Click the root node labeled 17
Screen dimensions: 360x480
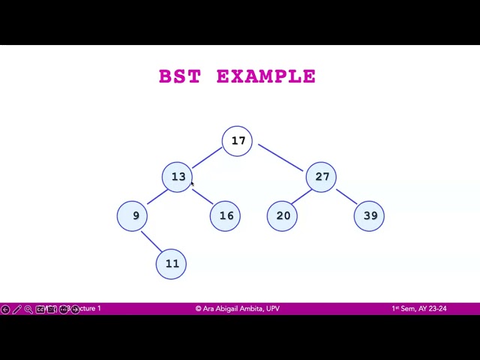(238, 141)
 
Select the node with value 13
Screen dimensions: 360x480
(178, 177)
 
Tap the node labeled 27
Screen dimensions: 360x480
(322, 177)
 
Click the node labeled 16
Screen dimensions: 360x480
(226, 216)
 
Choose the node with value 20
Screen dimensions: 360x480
(283, 216)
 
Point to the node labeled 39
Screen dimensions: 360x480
(370, 216)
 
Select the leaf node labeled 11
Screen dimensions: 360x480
(172, 264)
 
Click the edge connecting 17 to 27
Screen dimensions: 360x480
(280, 157)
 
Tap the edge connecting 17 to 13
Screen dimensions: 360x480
(207, 157)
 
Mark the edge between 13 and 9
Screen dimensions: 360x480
(157, 196)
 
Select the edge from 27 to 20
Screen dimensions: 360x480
(301, 196)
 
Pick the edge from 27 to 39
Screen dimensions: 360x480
(346, 196)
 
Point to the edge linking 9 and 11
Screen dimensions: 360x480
(151, 241)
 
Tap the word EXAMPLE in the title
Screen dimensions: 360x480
(266, 76)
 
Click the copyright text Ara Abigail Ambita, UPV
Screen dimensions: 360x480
(238, 308)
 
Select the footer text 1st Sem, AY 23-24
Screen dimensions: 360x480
(418, 308)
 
